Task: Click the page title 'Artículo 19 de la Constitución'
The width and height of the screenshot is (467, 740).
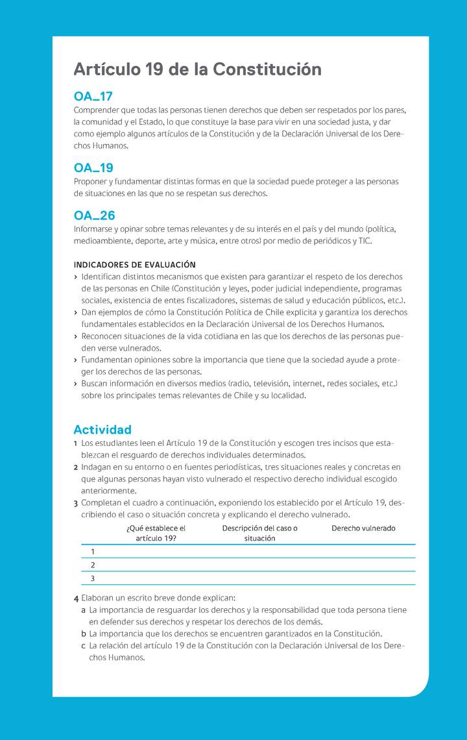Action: point(197,69)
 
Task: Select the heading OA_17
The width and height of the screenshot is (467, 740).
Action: point(93,97)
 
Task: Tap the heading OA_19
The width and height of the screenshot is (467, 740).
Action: point(93,168)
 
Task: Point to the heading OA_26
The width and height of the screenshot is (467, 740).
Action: point(94,216)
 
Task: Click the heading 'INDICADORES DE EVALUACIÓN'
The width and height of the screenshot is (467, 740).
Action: point(134,265)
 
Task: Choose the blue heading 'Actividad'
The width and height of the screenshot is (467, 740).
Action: point(102,430)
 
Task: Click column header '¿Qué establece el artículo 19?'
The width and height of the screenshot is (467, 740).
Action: point(156,533)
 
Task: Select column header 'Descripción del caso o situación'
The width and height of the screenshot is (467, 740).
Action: point(259,533)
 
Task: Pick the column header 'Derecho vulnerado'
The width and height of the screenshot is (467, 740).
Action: point(363,528)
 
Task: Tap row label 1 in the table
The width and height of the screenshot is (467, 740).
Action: point(92,551)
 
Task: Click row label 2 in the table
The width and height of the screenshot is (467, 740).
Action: point(93,565)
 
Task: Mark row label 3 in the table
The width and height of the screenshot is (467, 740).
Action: point(93,578)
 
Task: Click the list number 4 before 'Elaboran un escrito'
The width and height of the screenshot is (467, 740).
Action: point(77,598)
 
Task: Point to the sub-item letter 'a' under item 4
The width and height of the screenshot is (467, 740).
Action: point(84,610)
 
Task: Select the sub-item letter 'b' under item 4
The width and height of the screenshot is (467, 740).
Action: point(84,634)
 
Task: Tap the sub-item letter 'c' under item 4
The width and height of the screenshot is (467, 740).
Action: point(84,646)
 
